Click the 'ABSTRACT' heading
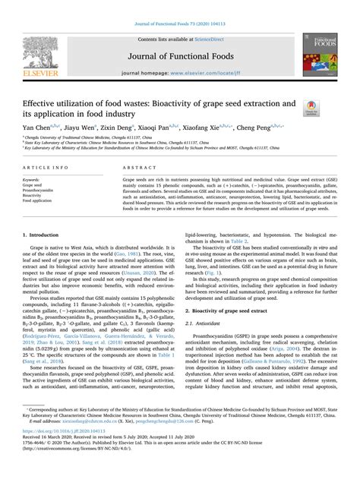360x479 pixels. click(x=140, y=166)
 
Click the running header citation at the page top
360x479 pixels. click(x=180, y=5)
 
